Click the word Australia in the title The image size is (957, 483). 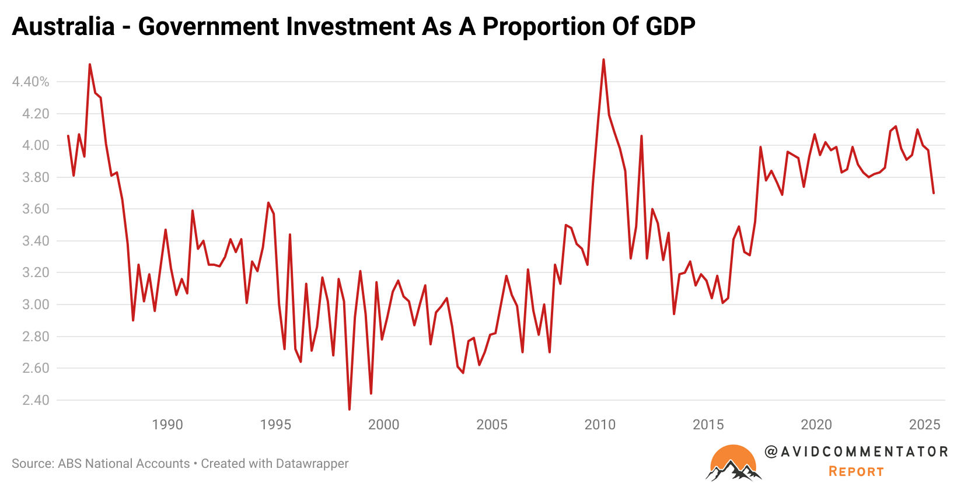(x=63, y=27)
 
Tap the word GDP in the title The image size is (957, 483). (x=670, y=27)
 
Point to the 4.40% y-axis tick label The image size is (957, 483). (x=30, y=82)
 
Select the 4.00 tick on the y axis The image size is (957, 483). (x=36, y=145)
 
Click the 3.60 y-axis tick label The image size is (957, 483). (x=36, y=209)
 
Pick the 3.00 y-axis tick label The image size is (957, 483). (x=36, y=304)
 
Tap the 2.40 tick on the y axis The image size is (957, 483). (x=36, y=400)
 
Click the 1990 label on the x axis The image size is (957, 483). (x=167, y=425)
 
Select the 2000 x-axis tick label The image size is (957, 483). (x=383, y=425)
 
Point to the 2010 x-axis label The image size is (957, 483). (x=600, y=425)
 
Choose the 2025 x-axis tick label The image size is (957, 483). (x=924, y=425)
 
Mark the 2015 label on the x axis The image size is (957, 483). (x=708, y=425)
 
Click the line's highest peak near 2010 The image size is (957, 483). (x=603, y=60)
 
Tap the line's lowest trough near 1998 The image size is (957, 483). (x=350, y=409)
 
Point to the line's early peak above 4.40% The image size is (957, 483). (x=89, y=64)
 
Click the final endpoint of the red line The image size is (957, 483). (x=934, y=193)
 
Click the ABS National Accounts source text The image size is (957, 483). (x=124, y=464)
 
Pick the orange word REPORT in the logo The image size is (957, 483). (x=856, y=471)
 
